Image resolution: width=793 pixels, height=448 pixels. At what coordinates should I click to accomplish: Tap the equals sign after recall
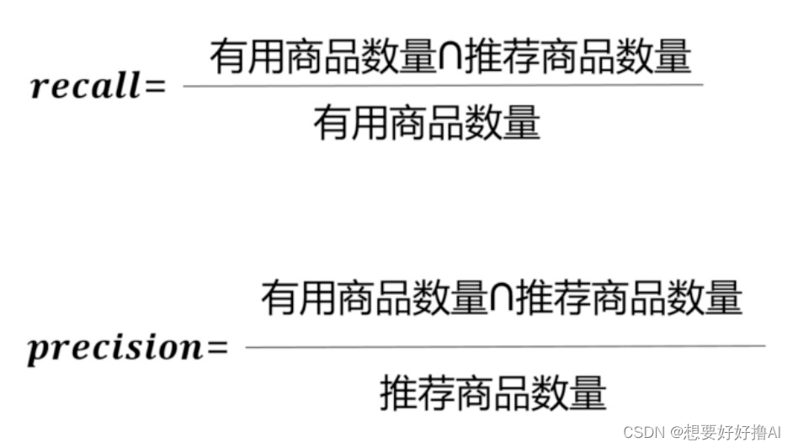click(156, 86)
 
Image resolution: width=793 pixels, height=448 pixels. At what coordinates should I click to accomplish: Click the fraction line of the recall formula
click(442, 85)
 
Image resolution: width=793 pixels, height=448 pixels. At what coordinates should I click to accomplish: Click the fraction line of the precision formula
click(505, 345)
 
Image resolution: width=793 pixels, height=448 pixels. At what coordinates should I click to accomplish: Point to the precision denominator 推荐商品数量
click(493, 393)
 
